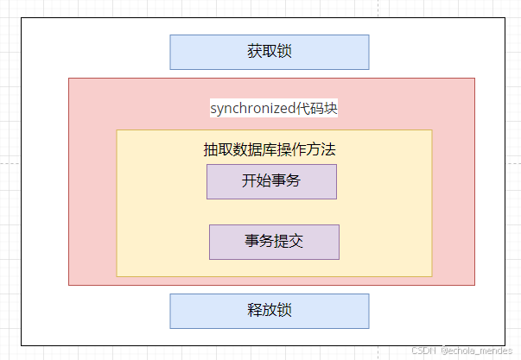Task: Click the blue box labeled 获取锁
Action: pos(270,52)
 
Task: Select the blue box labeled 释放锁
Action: pos(270,311)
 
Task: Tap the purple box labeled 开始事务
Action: pos(272,181)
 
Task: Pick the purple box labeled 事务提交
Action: pos(275,242)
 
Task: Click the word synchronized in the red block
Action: pos(253,109)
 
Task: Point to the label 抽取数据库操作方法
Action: pos(270,149)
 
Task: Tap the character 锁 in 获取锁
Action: pos(284,52)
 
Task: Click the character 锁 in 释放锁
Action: pos(284,310)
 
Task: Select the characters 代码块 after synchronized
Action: pos(316,108)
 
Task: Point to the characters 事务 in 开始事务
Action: pos(286,180)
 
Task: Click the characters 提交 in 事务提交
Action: pos(289,241)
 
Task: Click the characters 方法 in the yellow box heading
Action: pos(321,149)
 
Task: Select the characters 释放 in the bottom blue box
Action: pos(262,310)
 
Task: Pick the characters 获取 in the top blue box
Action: pos(262,52)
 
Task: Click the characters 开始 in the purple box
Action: pos(257,180)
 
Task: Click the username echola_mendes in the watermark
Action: pos(480,351)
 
